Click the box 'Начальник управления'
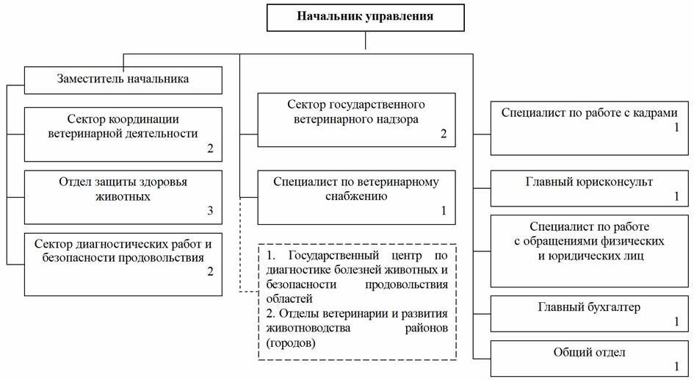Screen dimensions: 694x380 click(x=365, y=18)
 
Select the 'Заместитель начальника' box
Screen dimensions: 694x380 click(x=123, y=80)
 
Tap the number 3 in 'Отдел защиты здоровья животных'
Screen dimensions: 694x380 click(x=210, y=210)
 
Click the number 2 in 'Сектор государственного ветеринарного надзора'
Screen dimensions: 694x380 click(x=444, y=134)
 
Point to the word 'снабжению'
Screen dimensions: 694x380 click(x=356, y=196)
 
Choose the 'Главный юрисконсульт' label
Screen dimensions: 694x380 click(x=589, y=182)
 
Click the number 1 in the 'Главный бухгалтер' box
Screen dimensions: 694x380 click(x=676, y=321)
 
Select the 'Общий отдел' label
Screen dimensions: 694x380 click(x=589, y=353)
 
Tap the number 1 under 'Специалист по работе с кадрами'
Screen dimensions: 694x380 click(x=676, y=127)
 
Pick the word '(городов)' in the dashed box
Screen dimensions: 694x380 click(x=291, y=343)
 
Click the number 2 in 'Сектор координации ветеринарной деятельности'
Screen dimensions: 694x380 click(x=210, y=148)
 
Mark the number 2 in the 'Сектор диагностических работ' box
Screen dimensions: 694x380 click(x=210, y=271)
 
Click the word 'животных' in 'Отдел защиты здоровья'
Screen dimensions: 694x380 click(x=123, y=196)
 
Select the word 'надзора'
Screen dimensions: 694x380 click(x=395, y=120)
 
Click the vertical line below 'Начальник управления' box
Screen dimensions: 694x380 click(x=366, y=40)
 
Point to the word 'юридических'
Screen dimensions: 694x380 click(x=591, y=256)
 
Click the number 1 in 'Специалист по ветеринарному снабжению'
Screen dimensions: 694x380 click(x=444, y=210)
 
